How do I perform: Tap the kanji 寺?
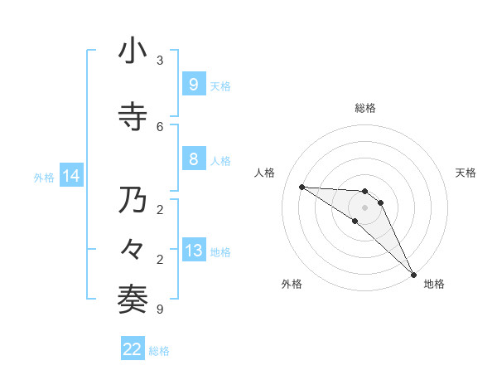133,117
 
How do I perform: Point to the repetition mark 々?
133,250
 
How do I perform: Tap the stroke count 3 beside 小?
160,61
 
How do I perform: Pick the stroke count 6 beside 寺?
160,126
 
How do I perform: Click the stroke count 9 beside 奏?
160,310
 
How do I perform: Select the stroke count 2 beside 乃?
160,209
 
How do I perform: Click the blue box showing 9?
193,84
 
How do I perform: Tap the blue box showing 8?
193,159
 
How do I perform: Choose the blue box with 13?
193,250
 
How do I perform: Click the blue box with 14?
70,176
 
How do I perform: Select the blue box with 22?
133,349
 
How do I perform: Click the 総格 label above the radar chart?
365,108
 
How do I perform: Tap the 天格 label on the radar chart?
466,173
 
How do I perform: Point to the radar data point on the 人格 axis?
302,187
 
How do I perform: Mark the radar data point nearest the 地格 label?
413,274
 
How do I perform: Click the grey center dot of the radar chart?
364,207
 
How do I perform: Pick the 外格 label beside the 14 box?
43,177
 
